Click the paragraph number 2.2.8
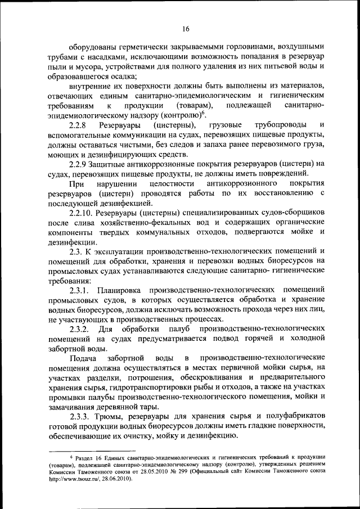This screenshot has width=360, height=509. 79,124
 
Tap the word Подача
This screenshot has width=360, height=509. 82,357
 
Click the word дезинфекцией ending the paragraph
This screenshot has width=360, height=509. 126,203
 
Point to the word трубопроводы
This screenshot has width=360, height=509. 280,124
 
